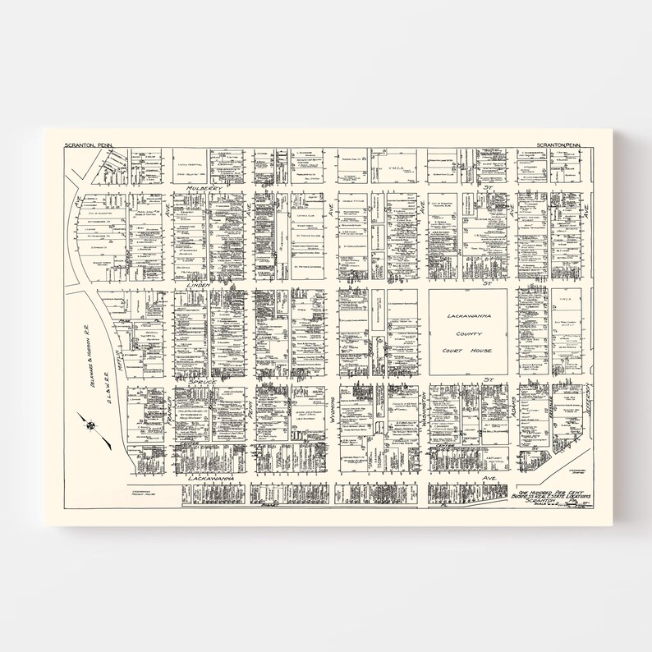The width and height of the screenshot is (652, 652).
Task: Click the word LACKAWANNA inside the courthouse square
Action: click(466, 316)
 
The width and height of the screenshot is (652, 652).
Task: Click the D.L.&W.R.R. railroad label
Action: click(108, 397)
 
